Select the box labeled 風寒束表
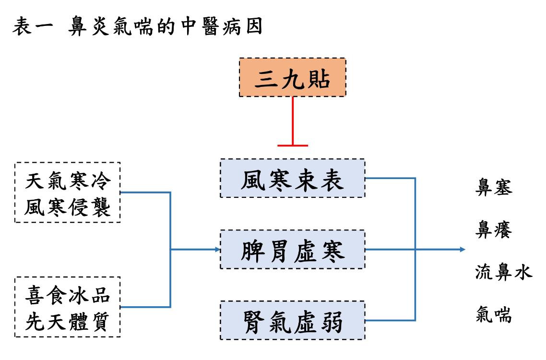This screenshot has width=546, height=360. tap(292, 179)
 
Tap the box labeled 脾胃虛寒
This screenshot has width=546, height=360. tap(292, 250)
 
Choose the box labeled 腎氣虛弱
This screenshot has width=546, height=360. tap(292, 320)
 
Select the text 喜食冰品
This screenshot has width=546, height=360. tap(68, 295)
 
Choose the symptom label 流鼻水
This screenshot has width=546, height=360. tap(504, 273)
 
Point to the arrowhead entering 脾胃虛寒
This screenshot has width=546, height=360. tap(217, 250)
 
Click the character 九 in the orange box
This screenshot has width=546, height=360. tap(292, 79)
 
